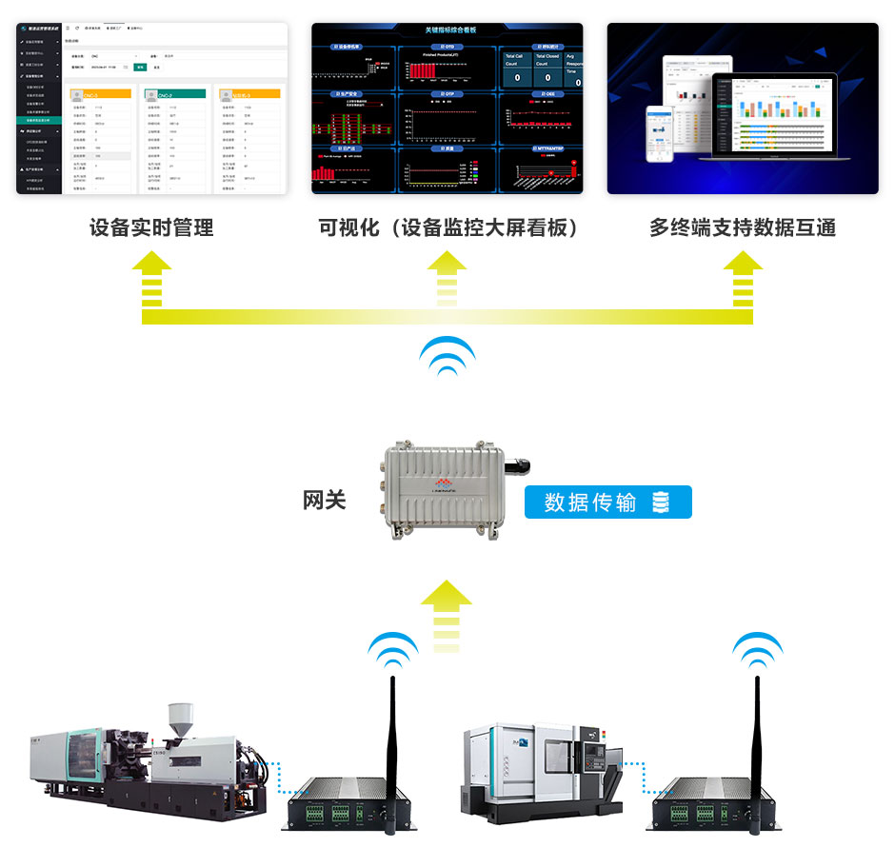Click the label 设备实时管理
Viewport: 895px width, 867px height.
pos(151,228)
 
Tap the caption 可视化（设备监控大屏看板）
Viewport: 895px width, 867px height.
pos(448,228)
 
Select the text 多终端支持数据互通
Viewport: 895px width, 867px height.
pos(742,228)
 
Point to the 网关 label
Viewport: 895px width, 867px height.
pos(325,501)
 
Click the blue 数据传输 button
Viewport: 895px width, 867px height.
pos(607,502)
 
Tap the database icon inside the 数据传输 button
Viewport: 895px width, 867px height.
pos(661,502)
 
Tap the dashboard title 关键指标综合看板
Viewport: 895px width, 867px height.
pos(447,30)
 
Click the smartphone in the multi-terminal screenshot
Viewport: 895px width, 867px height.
pos(659,133)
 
